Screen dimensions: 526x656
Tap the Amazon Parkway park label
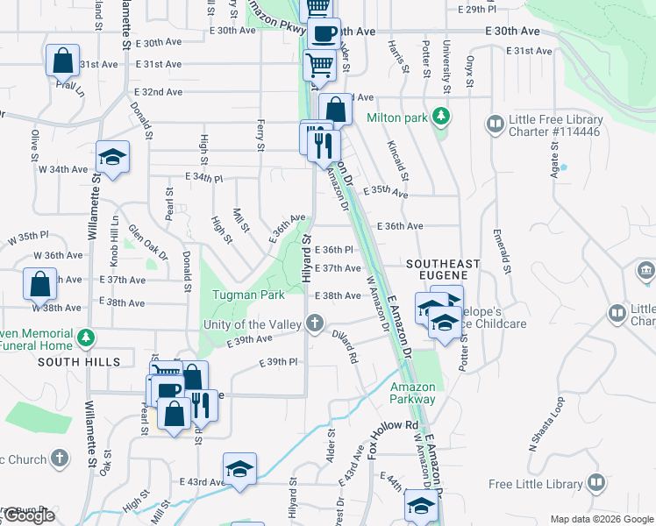[412, 393]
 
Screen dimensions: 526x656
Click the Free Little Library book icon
[596, 483]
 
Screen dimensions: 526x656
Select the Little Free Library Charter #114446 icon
[496, 123]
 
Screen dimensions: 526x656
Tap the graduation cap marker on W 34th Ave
[112, 157]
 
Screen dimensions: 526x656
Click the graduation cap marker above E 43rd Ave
[239, 468]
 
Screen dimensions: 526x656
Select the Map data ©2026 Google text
[602, 519]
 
